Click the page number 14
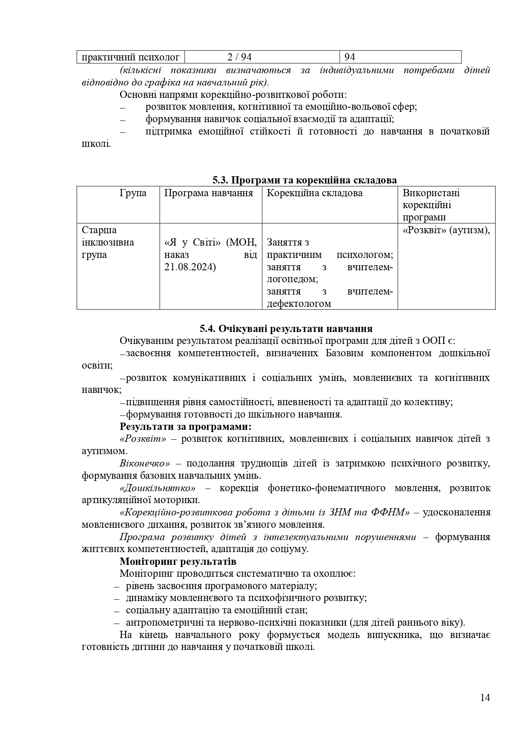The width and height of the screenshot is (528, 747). (x=485, y=697)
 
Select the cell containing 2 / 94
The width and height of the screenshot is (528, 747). (x=239, y=57)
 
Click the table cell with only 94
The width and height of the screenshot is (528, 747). (x=350, y=57)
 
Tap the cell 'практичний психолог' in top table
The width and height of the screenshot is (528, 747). (x=130, y=57)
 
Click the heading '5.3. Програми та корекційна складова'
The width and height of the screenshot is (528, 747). (x=304, y=180)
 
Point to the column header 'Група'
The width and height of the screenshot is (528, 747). (x=133, y=193)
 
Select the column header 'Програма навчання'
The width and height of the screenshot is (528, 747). (x=209, y=193)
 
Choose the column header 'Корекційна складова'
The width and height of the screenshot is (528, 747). (x=315, y=193)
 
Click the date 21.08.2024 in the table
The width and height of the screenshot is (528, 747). (x=190, y=267)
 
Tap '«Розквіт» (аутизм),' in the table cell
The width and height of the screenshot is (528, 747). (x=446, y=230)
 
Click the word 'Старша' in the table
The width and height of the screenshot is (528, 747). (x=99, y=230)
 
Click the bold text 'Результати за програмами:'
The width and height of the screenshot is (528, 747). (x=186, y=426)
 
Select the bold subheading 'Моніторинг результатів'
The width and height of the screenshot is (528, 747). (x=178, y=561)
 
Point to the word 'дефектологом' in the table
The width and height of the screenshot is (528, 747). (x=298, y=304)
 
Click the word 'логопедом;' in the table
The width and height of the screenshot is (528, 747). (x=292, y=279)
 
